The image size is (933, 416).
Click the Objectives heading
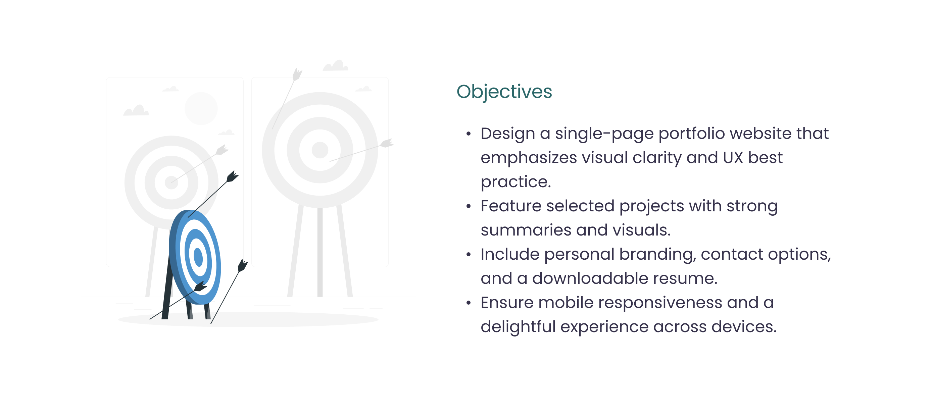tap(504, 92)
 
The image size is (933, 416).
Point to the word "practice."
tap(516, 182)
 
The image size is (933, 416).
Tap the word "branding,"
tap(657, 255)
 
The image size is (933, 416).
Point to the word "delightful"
tap(518, 327)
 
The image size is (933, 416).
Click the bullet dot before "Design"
tap(468, 134)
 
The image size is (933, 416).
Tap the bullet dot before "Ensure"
tap(468, 303)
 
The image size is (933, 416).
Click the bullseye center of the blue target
tap(198, 257)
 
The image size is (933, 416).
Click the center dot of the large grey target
tap(320, 150)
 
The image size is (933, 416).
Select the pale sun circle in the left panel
tap(201, 108)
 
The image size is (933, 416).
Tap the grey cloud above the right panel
tap(336, 65)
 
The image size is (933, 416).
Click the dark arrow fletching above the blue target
tap(232, 176)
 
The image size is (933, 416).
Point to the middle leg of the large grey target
tap(320, 252)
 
